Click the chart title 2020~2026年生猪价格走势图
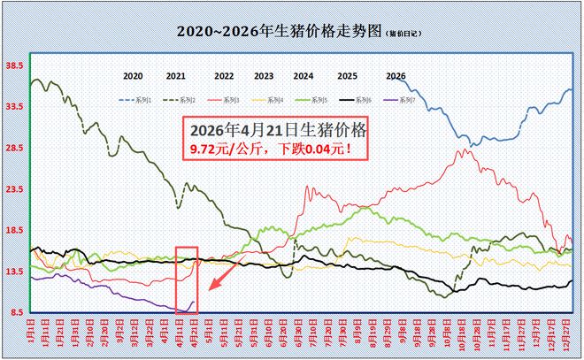[279, 31]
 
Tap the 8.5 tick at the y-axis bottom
[15, 312]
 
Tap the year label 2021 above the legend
[175, 77]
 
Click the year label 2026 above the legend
[396, 77]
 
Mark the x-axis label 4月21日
[194, 335]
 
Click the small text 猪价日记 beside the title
[403, 34]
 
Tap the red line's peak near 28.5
[462, 149]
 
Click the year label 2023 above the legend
[263, 77]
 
